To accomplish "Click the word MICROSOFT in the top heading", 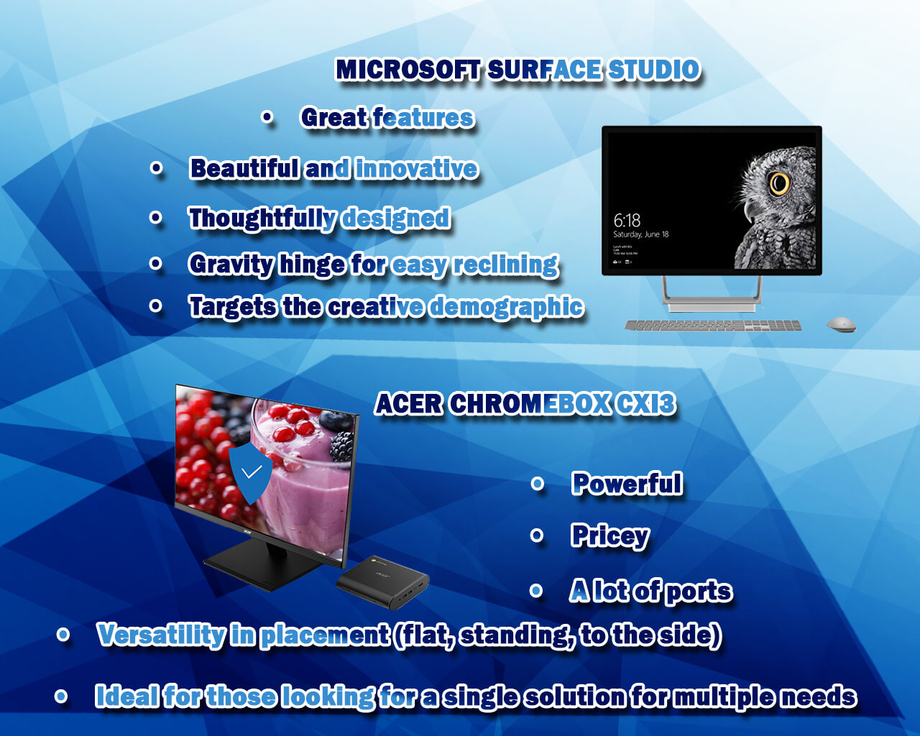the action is pos(408,70).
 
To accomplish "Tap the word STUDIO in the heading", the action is pos(653,70).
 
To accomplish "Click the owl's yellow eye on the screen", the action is pos(779,183).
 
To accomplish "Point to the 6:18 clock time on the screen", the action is pos(627,221).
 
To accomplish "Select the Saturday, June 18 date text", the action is pos(641,234).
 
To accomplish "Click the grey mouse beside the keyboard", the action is pos(841,324).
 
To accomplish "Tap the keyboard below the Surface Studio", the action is pos(713,326).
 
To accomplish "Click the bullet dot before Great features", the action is pos(267,116).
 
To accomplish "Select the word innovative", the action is pos(416,168).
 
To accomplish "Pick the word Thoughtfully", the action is pos(262,218).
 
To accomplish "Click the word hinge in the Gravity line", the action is pos(311,264).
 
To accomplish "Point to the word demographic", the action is pos(507,307).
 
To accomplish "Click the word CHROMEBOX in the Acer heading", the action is pos(530,404).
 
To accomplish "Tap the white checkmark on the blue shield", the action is pos(252,471).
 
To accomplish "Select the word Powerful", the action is pos(627,483).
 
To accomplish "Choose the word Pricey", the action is pos(610,535).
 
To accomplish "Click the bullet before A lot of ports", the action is pos(536,591).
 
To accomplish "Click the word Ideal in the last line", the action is pos(126,695).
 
